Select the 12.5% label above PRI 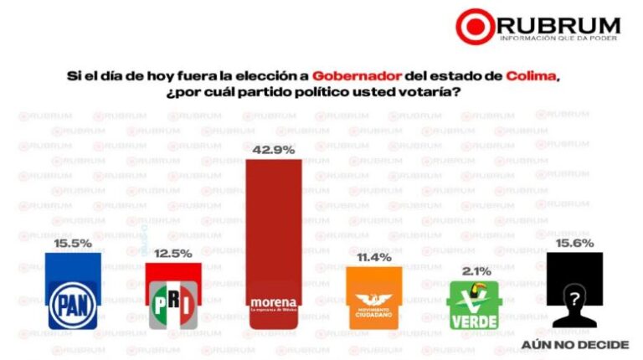(173, 253)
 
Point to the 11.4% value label (374, 257)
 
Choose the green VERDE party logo (474, 305)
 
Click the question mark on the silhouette (574, 299)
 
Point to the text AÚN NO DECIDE (574, 344)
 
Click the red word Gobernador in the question (350, 76)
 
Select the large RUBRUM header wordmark (559, 24)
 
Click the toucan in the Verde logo (481, 292)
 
